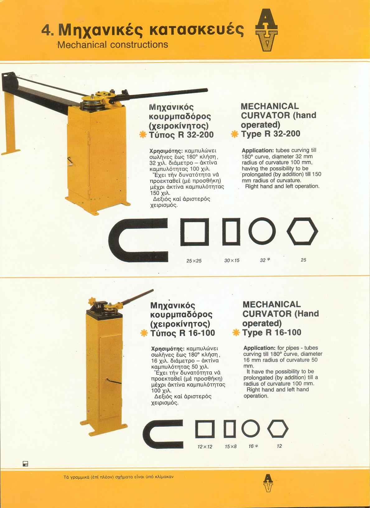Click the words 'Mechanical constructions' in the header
[x=113, y=45]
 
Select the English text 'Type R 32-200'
[x=270, y=134]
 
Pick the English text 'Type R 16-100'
[x=272, y=332]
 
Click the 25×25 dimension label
[x=194, y=261]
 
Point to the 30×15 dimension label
[x=232, y=261]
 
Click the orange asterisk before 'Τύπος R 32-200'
[x=143, y=135]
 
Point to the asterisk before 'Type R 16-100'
[x=236, y=333]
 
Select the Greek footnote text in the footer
[x=119, y=477]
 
